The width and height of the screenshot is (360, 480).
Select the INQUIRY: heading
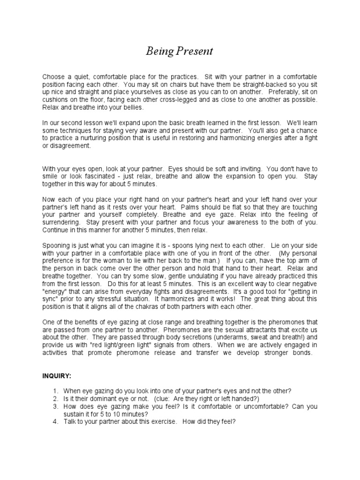click(x=58, y=376)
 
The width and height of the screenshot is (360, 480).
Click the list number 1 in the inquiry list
click(x=55, y=391)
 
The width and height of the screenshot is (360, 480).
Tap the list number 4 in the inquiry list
click(x=55, y=421)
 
